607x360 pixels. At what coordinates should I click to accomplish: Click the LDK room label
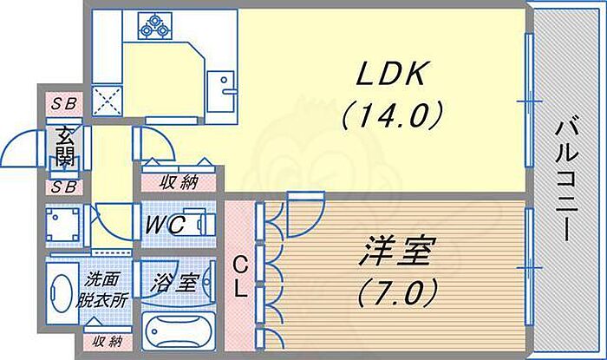pos(390,74)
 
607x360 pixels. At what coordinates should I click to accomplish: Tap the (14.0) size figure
pos(392,115)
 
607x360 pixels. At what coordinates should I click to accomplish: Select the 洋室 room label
pos(397,252)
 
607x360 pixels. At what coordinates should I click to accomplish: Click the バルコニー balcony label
pos(567,181)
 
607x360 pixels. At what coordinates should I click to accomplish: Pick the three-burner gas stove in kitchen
pos(154,26)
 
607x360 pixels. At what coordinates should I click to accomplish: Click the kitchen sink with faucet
pos(220,92)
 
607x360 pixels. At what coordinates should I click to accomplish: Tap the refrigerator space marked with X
pos(108,101)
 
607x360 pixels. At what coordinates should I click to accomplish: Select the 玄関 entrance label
pos(65,147)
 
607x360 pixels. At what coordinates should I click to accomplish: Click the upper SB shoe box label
pos(64,104)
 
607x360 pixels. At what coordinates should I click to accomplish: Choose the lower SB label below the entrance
pos(64,187)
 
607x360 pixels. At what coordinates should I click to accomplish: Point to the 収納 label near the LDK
pos(179,182)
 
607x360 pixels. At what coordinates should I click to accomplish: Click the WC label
pos(164,225)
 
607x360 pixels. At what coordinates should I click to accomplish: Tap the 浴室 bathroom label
pos(175,283)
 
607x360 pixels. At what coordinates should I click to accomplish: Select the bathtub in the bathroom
pos(179,331)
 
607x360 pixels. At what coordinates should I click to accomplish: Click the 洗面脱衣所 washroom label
pos(101,290)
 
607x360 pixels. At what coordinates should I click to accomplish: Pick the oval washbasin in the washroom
pos(62,293)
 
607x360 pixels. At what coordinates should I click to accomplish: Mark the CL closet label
pos(240,278)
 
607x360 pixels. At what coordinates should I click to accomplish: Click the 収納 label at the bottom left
pos(108,342)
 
